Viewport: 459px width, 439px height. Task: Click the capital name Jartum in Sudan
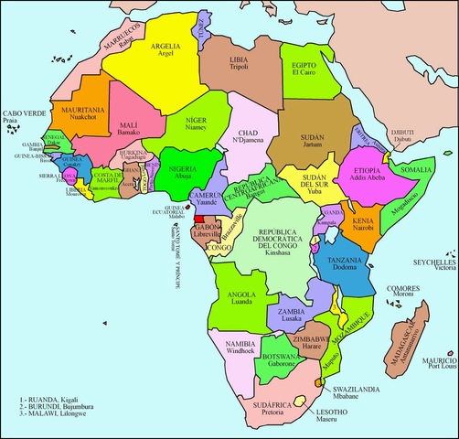coord(313,145)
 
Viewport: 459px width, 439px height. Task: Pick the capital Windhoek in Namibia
coord(231,351)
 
